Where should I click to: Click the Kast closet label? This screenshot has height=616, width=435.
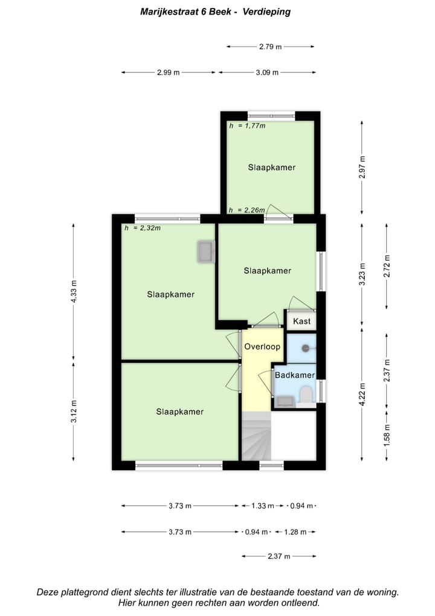[x=301, y=321]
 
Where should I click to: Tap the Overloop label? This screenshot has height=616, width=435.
[x=262, y=347]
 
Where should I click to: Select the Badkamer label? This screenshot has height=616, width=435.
[x=294, y=375]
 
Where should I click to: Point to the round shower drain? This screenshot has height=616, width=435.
[x=306, y=348]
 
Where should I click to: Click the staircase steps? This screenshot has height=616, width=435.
[x=256, y=436]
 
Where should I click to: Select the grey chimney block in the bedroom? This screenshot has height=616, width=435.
[x=205, y=252]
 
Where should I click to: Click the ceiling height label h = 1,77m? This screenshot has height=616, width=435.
[x=247, y=126]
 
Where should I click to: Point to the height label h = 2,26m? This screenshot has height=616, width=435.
[x=247, y=210]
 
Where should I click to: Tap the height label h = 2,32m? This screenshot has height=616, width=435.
[x=142, y=228]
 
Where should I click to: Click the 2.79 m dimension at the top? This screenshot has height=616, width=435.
[x=270, y=46]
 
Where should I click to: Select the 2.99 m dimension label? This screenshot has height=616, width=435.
[x=168, y=73]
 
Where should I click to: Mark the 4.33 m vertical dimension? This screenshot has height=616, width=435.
[x=74, y=291]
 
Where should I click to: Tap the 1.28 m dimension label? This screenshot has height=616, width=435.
[x=295, y=532]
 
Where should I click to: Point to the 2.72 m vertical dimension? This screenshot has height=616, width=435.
[x=387, y=266]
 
